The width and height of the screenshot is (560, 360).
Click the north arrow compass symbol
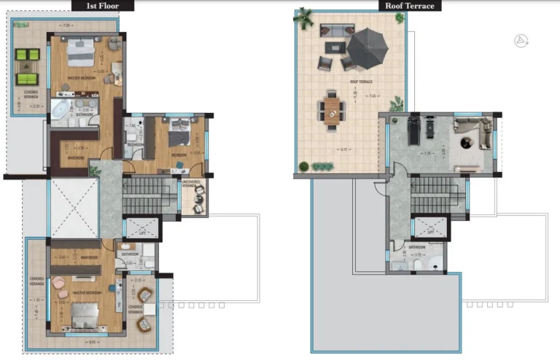pos(521,41)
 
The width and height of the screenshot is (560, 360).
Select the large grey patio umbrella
pos(370,48)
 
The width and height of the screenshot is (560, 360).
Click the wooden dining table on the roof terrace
pos(332,111)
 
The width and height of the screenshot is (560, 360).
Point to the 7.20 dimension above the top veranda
pos(66,26)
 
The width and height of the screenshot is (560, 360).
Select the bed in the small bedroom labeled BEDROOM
pos(179,134)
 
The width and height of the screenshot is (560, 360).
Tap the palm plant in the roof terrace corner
pos(303,17)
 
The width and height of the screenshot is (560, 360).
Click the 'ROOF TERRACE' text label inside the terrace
pos(361,82)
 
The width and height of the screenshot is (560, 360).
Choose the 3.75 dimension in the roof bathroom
pos(419,255)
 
